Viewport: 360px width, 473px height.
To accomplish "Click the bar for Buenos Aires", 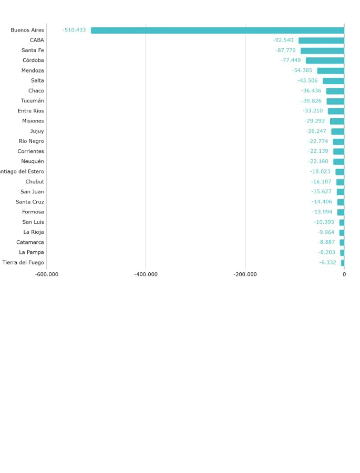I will point(218,30).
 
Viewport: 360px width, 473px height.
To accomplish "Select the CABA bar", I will point(321,40).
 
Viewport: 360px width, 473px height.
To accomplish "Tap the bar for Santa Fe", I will point(322,50).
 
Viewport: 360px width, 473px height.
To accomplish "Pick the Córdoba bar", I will point(325,60).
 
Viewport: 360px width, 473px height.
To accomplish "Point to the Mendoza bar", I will point(331,70).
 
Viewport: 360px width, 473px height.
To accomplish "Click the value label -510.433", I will point(74,30).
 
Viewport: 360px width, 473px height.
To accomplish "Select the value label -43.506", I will point(307,80).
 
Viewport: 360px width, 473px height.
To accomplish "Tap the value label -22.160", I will point(318,161).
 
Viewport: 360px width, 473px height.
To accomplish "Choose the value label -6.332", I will point(327,262).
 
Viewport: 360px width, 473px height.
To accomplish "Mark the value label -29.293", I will point(315,121).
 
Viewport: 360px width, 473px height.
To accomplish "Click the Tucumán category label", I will point(33,101).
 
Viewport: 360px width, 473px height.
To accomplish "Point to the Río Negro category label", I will point(32,141).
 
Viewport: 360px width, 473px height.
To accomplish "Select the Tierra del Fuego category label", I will point(23,262).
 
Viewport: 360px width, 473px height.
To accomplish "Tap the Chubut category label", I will point(35,182).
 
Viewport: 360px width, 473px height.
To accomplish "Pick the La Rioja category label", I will point(34,232).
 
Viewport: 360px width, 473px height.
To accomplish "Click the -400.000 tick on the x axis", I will point(146,274).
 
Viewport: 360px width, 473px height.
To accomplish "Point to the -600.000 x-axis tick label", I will point(47,274).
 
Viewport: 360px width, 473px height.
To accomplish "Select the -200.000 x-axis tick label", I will point(245,274).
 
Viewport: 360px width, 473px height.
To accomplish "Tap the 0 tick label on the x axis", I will point(344,274).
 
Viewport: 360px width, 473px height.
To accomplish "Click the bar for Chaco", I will point(335,91).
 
